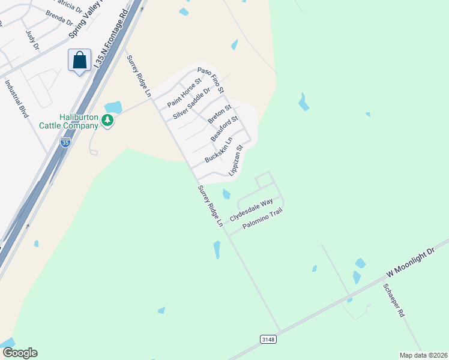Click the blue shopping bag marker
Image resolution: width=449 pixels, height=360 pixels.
tap(79, 61)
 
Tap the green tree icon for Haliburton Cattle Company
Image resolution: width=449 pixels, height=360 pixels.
tap(107, 120)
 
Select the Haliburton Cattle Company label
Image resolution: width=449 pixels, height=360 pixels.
tap(70, 121)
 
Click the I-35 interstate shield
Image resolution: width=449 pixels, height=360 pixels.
tap(65, 142)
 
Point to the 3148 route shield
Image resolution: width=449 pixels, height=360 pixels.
tap(268, 340)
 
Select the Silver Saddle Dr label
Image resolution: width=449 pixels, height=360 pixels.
tap(192, 103)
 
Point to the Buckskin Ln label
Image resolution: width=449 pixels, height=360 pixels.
tap(218, 149)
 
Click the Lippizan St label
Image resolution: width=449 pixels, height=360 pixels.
tap(236, 160)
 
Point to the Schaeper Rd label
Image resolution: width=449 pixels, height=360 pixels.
tap(394, 301)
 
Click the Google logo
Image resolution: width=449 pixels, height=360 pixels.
tap(20, 353)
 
